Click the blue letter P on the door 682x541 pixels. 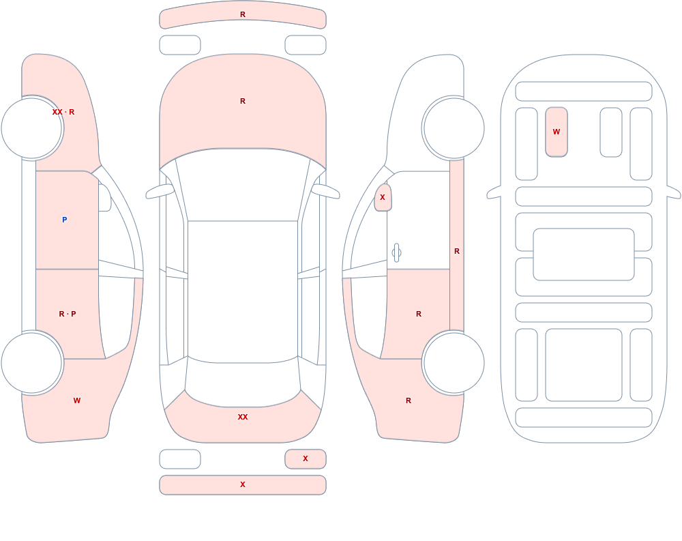(64, 220)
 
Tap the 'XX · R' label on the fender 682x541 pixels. (63, 112)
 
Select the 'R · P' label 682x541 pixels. (68, 314)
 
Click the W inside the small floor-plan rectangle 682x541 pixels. (557, 132)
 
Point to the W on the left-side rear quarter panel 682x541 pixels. (77, 400)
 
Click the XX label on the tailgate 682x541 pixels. (243, 417)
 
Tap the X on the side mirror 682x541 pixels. (383, 197)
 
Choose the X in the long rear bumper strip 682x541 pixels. (243, 484)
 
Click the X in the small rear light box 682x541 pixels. (306, 458)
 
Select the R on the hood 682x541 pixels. (243, 101)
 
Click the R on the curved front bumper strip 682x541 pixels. (243, 14)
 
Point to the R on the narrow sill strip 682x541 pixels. (457, 251)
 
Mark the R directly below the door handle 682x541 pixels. (419, 314)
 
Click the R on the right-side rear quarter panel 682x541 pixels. (409, 400)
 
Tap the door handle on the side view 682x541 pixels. (396, 253)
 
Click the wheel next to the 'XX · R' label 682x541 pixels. (32, 128)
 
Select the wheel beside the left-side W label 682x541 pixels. (32, 363)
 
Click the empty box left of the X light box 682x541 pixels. (180, 459)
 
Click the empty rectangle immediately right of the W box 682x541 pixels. (610, 132)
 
